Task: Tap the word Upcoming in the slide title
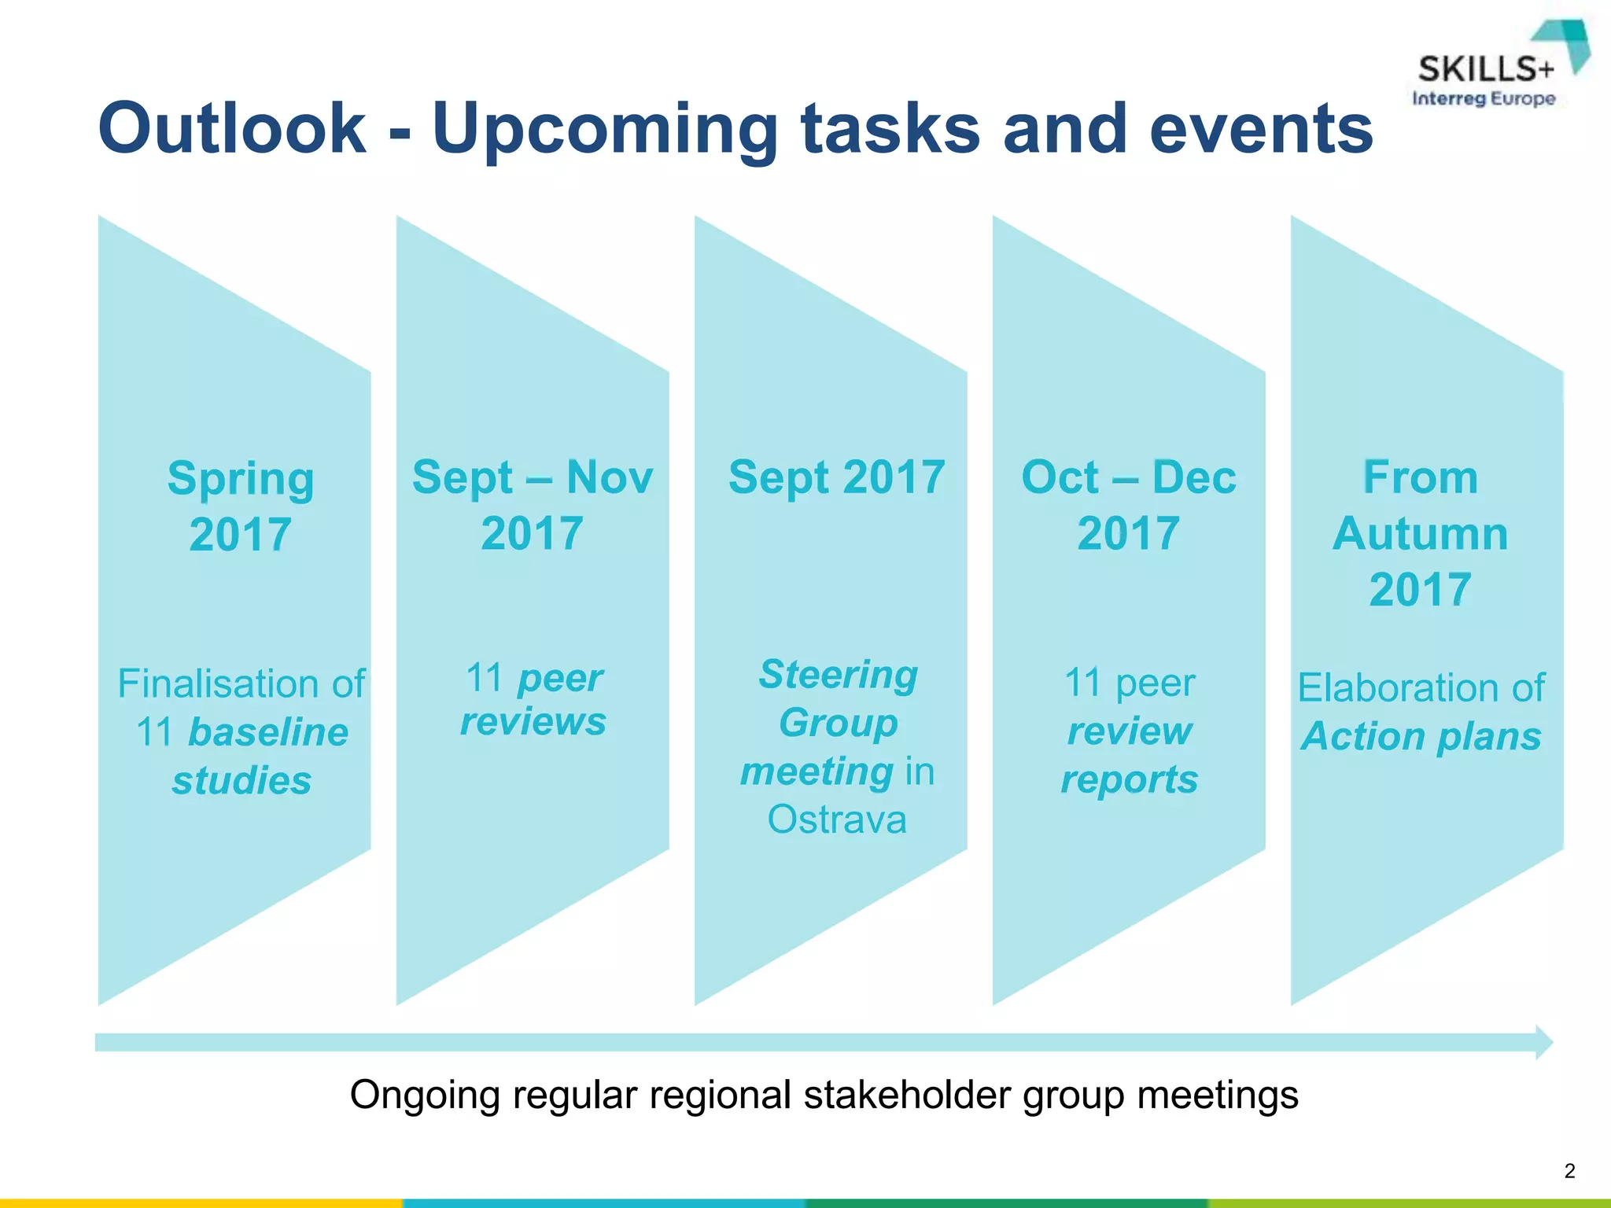tap(604, 130)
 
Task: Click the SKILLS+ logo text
tap(1486, 70)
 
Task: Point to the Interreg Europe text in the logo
tap(1484, 99)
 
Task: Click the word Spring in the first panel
tap(241, 479)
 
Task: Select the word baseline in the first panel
tap(268, 732)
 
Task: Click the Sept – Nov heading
tap(533, 477)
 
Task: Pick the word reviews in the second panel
tap(533, 721)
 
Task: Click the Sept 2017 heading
tap(836, 477)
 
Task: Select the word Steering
tap(839, 675)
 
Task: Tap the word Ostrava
tap(837, 819)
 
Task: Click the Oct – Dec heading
tap(1128, 477)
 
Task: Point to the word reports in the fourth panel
tap(1130, 779)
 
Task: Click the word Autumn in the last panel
tap(1420, 534)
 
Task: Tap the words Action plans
tap(1421, 736)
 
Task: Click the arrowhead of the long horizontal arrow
tap(1544, 1043)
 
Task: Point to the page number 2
tap(1569, 1171)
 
